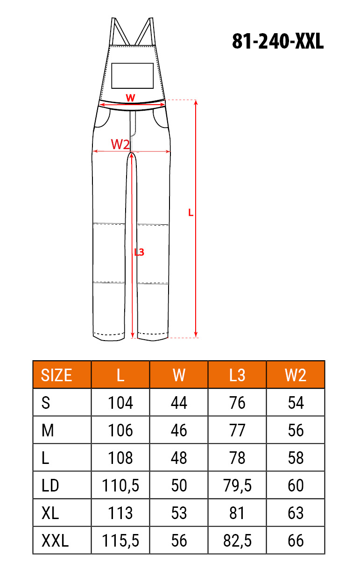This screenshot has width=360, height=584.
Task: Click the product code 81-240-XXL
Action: [x=278, y=41]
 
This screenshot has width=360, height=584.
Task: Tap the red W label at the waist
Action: [x=131, y=98]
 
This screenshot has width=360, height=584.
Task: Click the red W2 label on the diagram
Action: [x=120, y=144]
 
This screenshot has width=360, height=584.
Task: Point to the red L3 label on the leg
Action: [x=139, y=252]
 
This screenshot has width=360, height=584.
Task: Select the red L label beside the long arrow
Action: [x=191, y=213]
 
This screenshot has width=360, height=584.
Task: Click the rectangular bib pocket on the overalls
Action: [x=132, y=76]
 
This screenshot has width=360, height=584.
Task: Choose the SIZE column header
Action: [x=56, y=376]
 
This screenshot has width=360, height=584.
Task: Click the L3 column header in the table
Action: [x=237, y=376]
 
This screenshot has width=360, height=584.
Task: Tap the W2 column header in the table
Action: [x=296, y=376]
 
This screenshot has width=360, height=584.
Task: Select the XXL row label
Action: [x=55, y=541]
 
